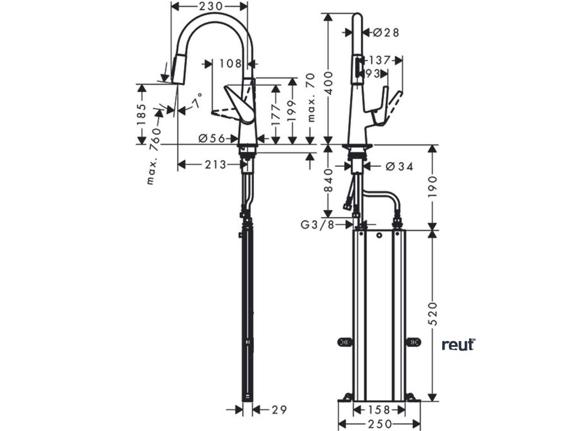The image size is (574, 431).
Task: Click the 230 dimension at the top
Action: pos(209,6)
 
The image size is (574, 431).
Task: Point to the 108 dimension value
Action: pos(230,63)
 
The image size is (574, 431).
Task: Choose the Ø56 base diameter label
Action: pos(211,137)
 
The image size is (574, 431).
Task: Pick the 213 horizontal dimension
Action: pos(215,164)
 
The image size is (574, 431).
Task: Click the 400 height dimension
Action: pos(329,81)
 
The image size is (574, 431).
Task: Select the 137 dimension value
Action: pos(380,59)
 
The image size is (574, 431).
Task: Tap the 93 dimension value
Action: pos(373,73)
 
